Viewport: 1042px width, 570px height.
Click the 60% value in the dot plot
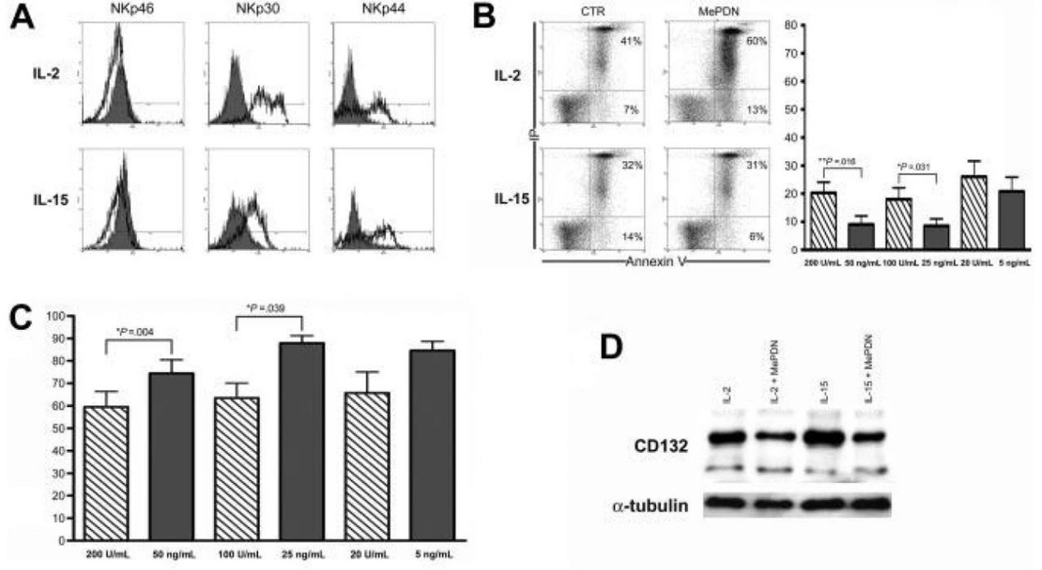757,41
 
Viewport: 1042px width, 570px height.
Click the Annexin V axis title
655,262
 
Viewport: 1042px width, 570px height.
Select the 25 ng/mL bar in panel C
302,441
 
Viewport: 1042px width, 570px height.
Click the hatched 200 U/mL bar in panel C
106,473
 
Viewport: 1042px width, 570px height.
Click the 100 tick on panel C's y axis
57,316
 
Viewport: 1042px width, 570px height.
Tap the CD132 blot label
661,446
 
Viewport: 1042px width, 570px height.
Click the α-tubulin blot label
650,506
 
